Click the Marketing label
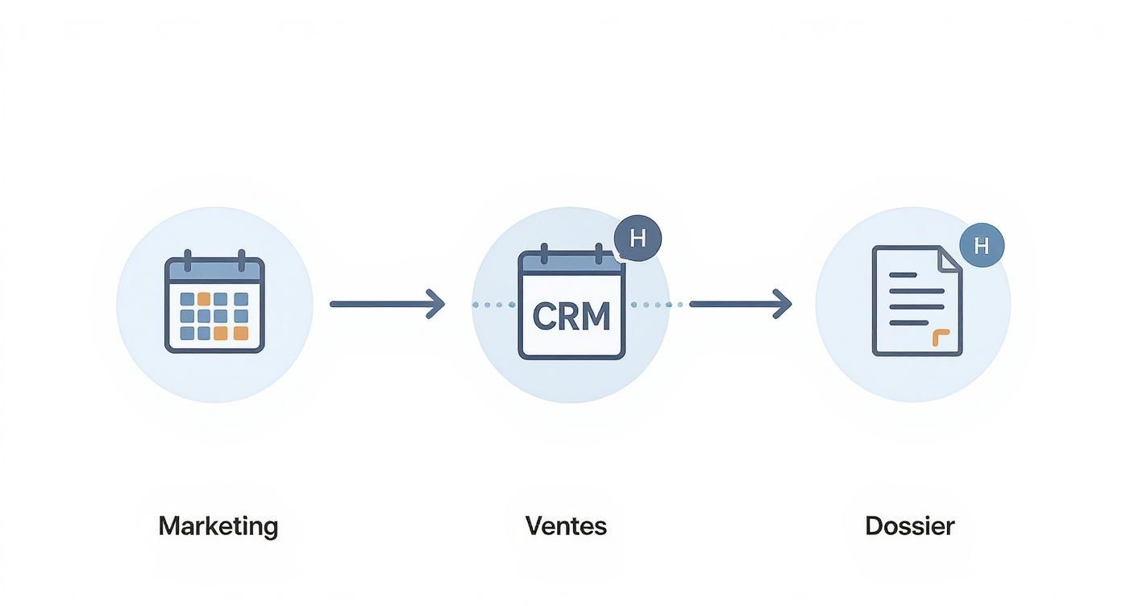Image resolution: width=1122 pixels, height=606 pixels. tap(218, 526)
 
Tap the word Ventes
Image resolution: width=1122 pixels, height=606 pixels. tap(566, 526)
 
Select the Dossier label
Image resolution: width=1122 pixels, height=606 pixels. tap(909, 526)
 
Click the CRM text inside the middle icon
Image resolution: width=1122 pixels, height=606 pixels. tap(571, 317)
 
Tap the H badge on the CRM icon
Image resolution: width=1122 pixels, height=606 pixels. tap(638, 239)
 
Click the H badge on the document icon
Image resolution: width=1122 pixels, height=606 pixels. tap(981, 246)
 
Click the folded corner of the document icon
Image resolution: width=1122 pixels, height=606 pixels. tap(951, 259)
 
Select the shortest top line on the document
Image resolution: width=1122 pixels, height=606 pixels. tap(903, 275)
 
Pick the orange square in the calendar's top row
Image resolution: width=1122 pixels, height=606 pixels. tap(205, 299)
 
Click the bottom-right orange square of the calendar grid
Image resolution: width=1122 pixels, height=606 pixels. tap(241, 333)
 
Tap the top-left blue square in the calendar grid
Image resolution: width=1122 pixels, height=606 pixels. tap(187, 299)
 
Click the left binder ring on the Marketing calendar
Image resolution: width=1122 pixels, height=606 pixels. tap(188, 260)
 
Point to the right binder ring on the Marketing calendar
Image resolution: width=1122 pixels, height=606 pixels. tap(240, 260)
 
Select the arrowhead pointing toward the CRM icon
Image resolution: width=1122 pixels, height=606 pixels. tap(436, 304)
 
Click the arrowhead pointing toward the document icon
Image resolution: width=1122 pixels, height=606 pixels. tap(783, 304)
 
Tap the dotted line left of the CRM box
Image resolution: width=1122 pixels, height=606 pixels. tap(493, 305)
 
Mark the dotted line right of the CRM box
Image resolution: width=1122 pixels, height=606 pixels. tap(656, 305)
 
